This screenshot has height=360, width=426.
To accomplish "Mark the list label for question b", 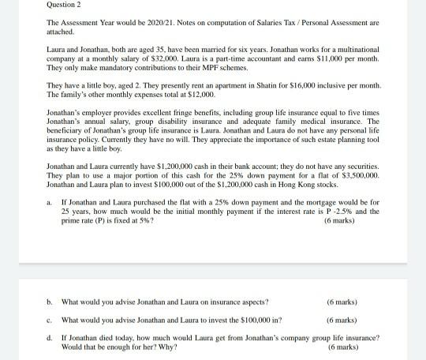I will [50, 302].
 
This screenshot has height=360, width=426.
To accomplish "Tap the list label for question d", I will [50, 337].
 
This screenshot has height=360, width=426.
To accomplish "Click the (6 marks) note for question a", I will [339, 220].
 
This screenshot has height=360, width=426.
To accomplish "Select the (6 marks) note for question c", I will [342, 320].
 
